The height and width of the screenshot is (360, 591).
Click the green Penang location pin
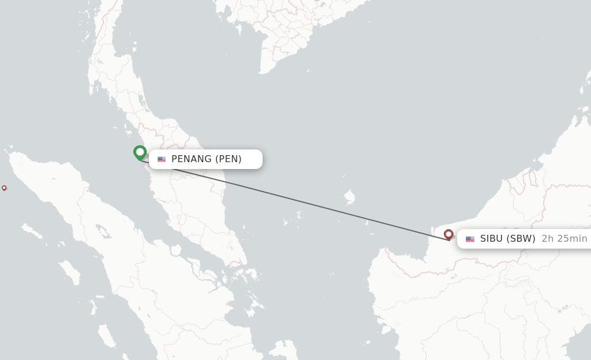(140, 152)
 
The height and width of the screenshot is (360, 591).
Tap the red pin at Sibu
(448, 234)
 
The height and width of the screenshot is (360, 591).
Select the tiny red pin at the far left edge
(4, 187)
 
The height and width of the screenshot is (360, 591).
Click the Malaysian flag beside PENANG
(162, 159)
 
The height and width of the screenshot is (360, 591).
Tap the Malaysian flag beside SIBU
(470, 239)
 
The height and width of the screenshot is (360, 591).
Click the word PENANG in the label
(191, 159)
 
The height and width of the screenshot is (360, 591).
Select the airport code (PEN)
(229, 159)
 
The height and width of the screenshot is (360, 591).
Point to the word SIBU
(491, 239)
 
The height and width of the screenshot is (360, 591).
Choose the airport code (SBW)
(521, 239)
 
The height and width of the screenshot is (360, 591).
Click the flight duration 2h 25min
(564, 239)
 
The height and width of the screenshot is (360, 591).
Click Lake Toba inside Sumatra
(104, 232)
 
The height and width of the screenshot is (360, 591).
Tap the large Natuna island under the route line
(349, 197)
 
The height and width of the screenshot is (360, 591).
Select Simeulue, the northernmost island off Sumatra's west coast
(32, 231)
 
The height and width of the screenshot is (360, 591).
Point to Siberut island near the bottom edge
(106, 335)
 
